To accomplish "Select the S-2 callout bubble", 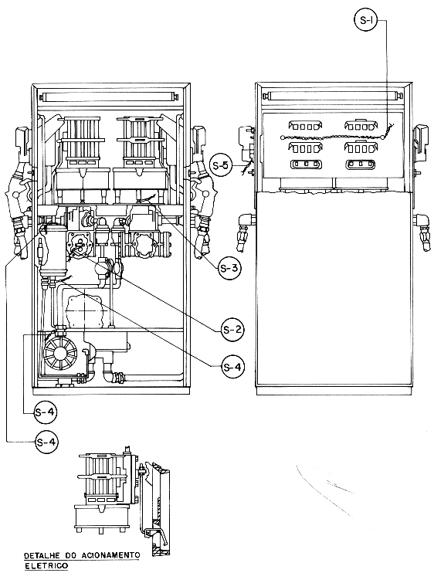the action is tap(232, 330).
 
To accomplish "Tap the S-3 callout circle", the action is tap(229, 268).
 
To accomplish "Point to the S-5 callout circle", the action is tap(221, 165).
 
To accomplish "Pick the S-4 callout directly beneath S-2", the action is tap(232, 367).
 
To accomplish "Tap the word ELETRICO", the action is tap(46, 566).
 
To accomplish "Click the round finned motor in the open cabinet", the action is tap(60, 353).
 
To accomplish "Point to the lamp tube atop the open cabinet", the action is tap(110, 97).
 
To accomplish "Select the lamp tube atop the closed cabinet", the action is tap(334, 97).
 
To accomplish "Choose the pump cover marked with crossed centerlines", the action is tap(84, 310).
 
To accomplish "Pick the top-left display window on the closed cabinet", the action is tap(305, 125).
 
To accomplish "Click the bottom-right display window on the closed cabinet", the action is tap(361, 164).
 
